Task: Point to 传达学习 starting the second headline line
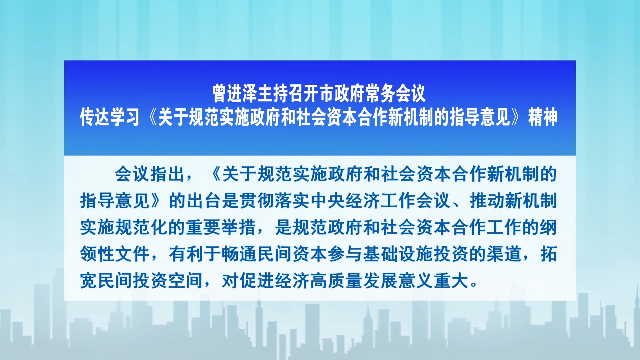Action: pyautogui.click(x=108, y=117)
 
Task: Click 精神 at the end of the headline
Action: pyautogui.click(x=541, y=117)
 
